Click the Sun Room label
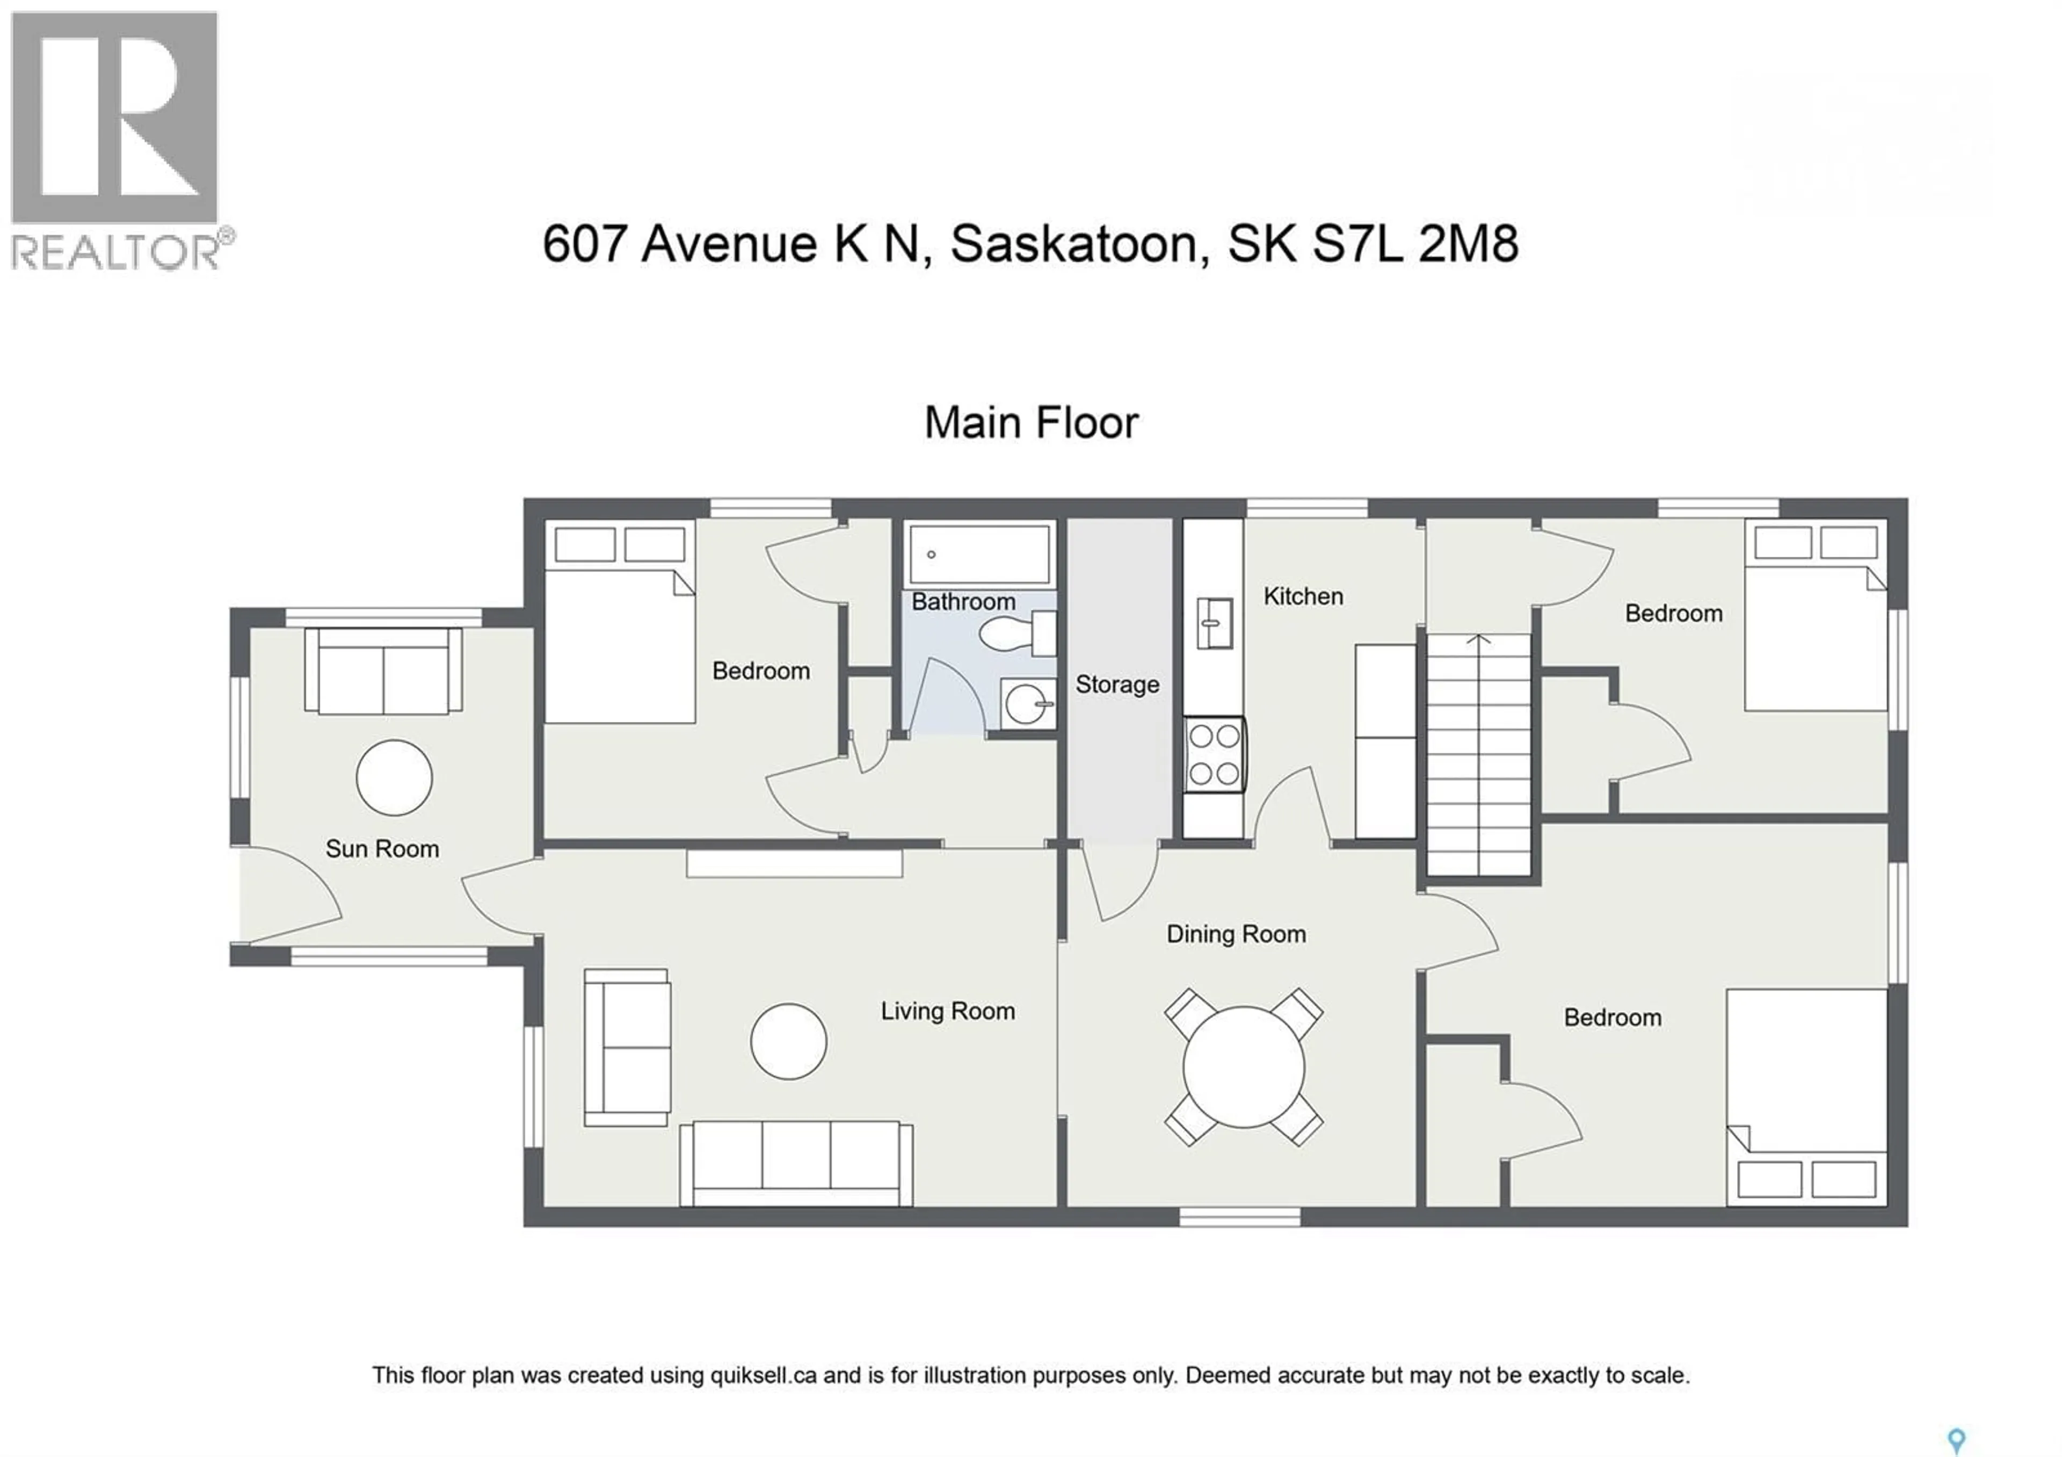[382, 849]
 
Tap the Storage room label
[1117, 684]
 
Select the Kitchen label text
[1303, 596]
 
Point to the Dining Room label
[1236, 934]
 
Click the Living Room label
[947, 1012]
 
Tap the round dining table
[1244, 1067]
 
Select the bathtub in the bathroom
[979, 554]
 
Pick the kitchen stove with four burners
[1214, 754]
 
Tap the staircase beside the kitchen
[1478, 754]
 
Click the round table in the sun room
[394, 778]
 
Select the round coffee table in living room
[788, 1041]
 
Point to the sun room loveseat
[383, 671]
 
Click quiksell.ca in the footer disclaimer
[764, 1375]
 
